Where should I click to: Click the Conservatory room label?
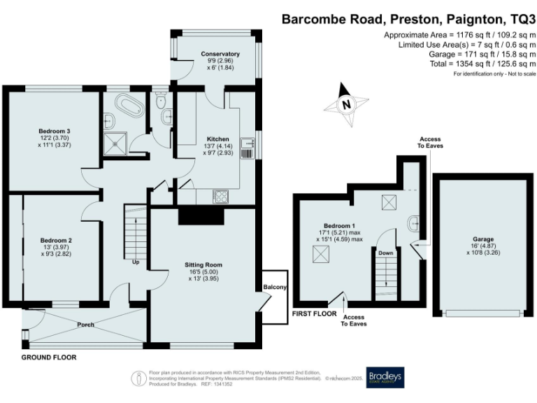coord(220,54)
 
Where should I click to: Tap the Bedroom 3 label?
coord(54,131)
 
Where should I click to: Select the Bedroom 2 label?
coord(55,240)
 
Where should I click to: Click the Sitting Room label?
coord(203,265)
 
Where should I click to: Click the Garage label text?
coord(482,239)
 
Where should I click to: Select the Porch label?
coord(85,325)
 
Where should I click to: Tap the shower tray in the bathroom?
coord(113,144)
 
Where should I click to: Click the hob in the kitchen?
coord(220,197)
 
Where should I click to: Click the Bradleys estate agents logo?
coord(385,378)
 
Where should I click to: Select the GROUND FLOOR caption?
coord(48,358)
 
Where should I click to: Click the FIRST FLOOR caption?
coord(314,313)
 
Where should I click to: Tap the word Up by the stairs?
coord(135,262)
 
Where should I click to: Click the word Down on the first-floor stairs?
coord(385,253)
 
